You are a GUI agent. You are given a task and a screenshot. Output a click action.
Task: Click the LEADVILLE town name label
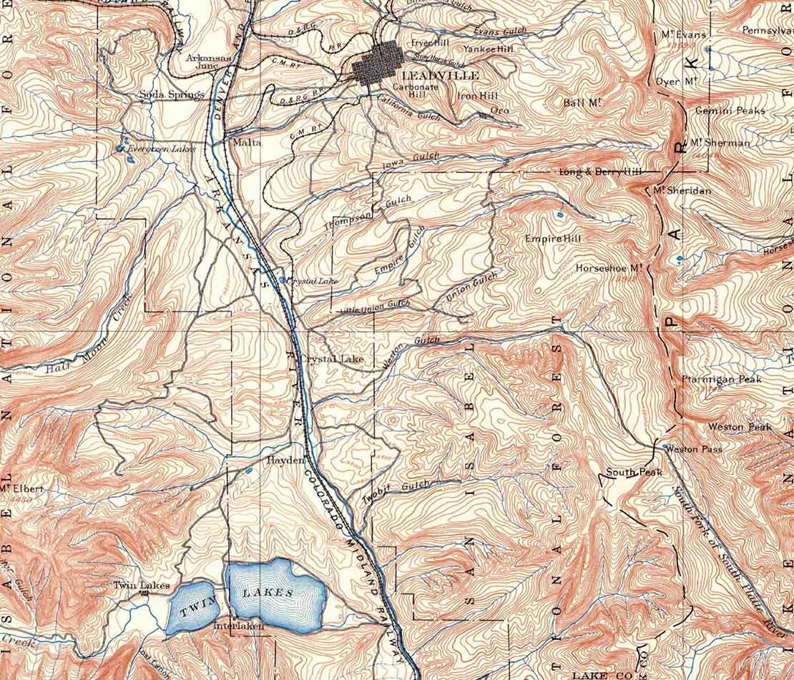point(431,75)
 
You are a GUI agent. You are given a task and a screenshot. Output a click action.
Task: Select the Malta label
point(247,142)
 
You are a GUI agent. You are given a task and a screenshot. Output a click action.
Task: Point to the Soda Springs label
point(172,94)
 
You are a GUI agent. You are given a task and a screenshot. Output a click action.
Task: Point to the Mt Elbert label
point(21,489)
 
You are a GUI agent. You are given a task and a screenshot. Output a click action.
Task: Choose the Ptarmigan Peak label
point(721,379)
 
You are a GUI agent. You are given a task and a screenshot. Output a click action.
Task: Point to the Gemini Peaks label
point(730,111)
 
